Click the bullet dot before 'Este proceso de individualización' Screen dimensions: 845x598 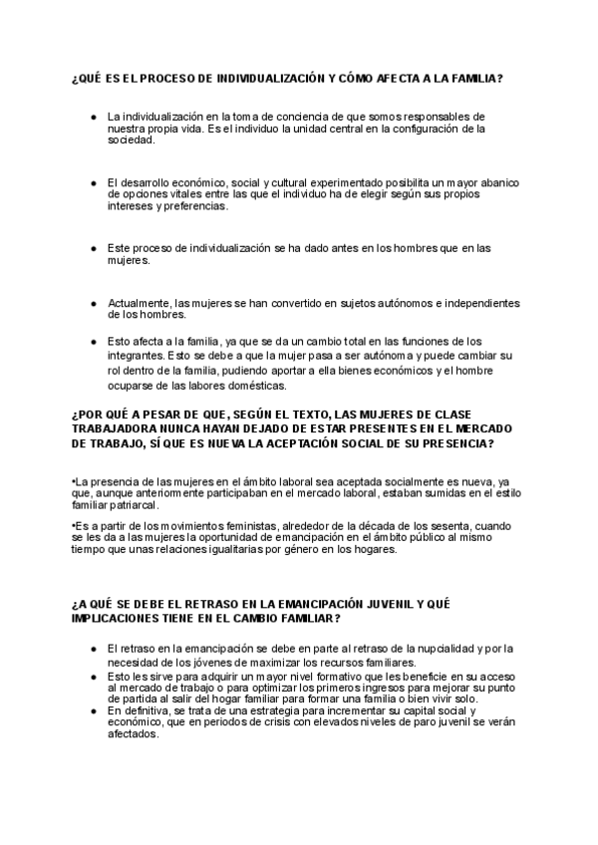93,248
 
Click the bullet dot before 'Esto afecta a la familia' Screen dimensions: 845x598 93,340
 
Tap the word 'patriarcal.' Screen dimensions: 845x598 104,504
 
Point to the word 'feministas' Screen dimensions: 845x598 248,524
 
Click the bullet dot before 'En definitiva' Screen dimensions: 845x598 93,710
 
